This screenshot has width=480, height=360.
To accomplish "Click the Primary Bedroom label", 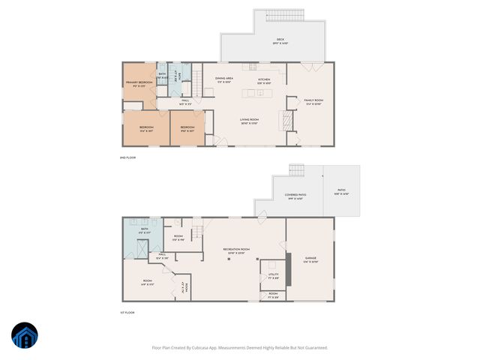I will pyautogui.click(x=139, y=83).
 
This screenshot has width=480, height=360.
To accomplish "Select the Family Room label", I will pyautogui.click(x=313, y=101).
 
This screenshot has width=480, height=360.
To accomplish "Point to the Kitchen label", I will pyautogui.click(x=264, y=80).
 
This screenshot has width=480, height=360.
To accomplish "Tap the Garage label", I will pyautogui.click(x=310, y=259).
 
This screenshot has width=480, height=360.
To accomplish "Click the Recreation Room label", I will pyautogui.click(x=236, y=250).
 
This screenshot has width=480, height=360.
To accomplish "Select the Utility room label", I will pyautogui.click(x=273, y=275).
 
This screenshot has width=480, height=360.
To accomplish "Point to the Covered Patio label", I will pyautogui.click(x=293, y=196).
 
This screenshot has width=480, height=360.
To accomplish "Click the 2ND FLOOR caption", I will pyautogui.click(x=127, y=157).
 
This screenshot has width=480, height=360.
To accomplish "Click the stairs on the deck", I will pyautogui.click(x=291, y=15).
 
